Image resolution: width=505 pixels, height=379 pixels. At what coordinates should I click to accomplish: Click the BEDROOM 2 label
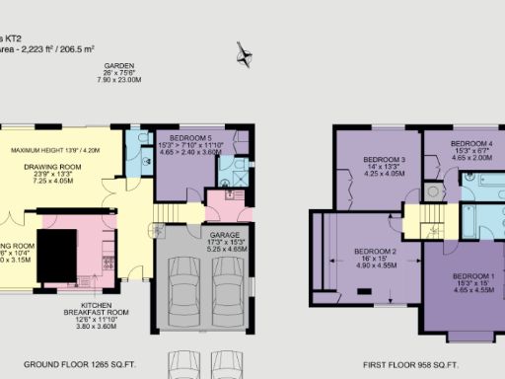(x=375, y=252)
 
